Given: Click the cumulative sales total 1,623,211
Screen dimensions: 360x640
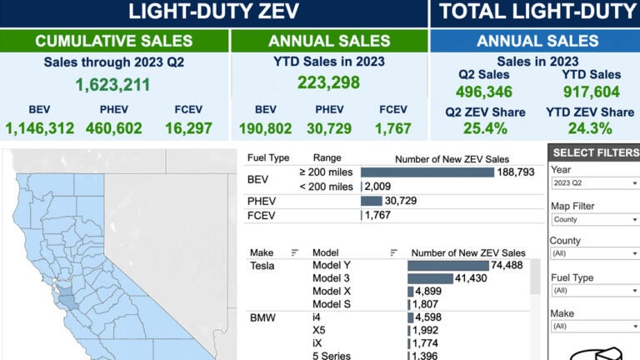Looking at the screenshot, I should point(113,84).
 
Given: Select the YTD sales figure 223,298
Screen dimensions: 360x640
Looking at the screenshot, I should point(328,82).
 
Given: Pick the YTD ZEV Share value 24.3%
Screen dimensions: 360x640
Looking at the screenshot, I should point(589,128).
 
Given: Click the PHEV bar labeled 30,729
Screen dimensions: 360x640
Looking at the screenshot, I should point(371,201).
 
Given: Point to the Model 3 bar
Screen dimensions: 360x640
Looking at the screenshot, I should point(429,278).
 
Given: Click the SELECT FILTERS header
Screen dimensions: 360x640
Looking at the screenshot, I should point(594,152).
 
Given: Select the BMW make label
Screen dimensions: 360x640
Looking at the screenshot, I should point(262,317).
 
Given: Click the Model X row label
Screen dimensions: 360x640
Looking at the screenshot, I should point(332,291).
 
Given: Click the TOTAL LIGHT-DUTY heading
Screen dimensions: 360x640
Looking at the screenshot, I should point(535,12).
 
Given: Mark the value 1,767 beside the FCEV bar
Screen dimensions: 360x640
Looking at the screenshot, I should point(377,215).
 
